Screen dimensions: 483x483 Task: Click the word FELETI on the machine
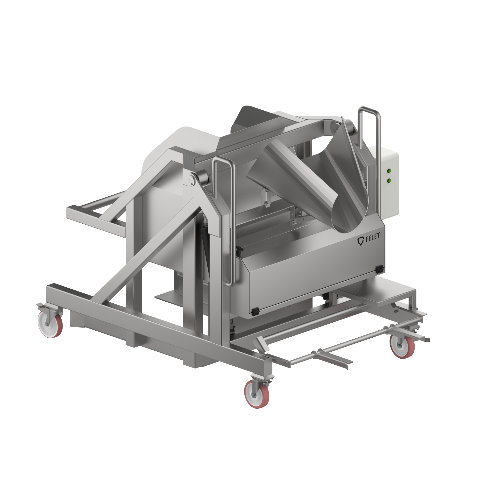(374, 238)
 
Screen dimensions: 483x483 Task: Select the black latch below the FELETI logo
(379, 269)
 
